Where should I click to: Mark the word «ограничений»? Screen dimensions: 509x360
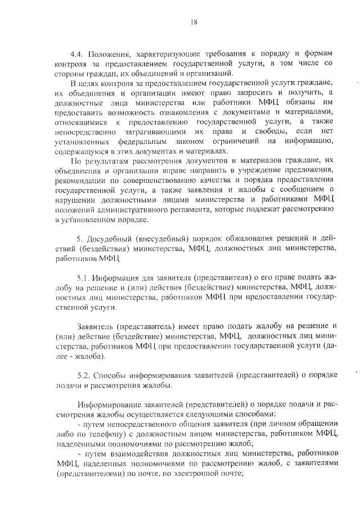point(231,141)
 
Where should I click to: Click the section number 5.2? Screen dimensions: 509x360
point(83,375)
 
